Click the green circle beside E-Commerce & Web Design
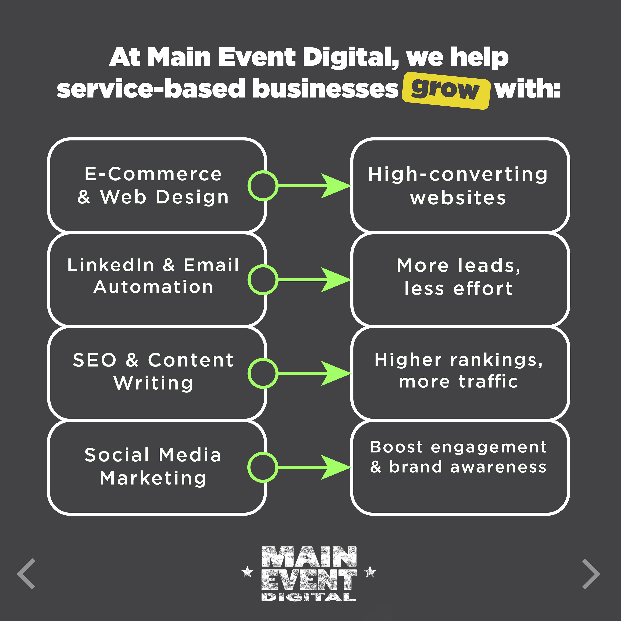[263, 186]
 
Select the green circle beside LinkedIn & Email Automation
[263, 280]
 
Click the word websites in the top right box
[458, 198]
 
